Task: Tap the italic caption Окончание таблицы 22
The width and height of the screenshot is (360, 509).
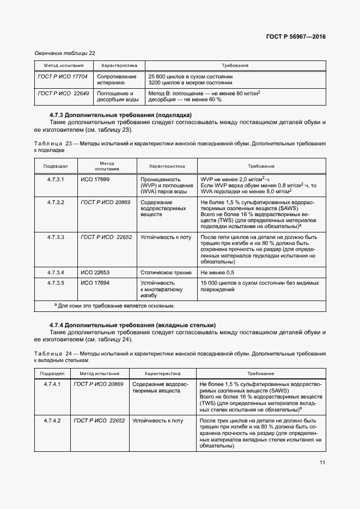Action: [x=65, y=53]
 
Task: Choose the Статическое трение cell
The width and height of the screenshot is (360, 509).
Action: [x=164, y=272]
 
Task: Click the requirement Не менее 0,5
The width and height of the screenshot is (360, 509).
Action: [x=217, y=272]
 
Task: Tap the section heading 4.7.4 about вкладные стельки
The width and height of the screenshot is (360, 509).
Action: [x=132, y=325]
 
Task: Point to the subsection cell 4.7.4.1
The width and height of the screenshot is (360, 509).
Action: [x=53, y=384]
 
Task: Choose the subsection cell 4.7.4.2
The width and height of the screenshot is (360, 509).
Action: [x=53, y=421]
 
